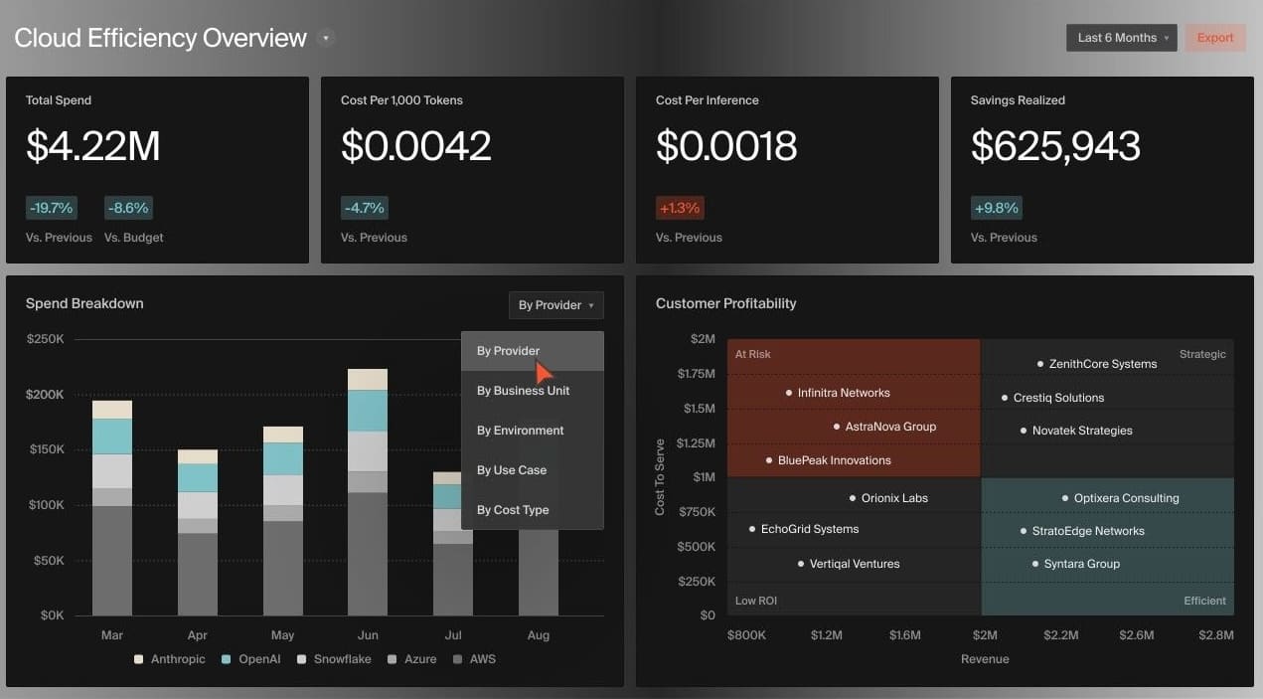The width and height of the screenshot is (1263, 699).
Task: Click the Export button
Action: click(x=1214, y=38)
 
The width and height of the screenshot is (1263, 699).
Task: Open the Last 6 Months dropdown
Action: click(x=1121, y=38)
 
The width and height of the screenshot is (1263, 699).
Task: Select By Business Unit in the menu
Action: click(x=523, y=391)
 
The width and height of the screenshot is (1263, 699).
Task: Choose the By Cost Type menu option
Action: click(x=513, y=510)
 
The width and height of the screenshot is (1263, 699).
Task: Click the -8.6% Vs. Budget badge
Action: click(x=129, y=208)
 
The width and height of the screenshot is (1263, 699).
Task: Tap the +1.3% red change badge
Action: click(x=680, y=208)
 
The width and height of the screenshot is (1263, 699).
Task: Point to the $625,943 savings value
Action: click(x=1055, y=146)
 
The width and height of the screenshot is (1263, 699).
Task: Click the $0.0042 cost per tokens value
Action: click(x=416, y=146)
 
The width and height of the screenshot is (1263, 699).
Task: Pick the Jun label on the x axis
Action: click(x=368, y=634)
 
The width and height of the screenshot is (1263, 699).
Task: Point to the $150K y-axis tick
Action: click(x=45, y=449)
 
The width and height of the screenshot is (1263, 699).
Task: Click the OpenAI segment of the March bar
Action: click(x=112, y=437)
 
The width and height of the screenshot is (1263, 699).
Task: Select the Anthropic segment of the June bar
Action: click(x=368, y=379)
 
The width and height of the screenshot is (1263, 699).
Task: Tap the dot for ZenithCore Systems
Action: click(x=1040, y=364)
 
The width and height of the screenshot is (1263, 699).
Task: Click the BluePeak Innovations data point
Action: click(x=769, y=460)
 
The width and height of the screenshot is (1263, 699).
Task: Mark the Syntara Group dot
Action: click(x=1035, y=564)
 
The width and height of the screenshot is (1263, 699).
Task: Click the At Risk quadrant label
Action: click(x=752, y=354)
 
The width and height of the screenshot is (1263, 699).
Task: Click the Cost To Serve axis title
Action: click(x=660, y=477)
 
